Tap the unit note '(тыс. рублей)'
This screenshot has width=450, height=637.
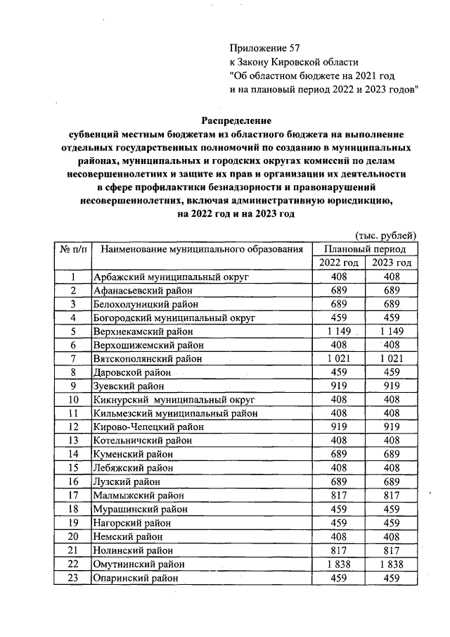pyautogui.click(x=385, y=234)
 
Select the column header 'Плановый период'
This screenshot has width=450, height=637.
pyautogui.click(x=365, y=248)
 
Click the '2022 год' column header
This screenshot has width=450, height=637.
pyautogui.click(x=339, y=263)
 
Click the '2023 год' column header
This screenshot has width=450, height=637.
pyautogui.click(x=392, y=263)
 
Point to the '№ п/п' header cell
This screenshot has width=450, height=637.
pyautogui.click(x=72, y=248)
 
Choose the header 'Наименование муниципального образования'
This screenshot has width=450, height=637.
pyautogui.click(x=202, y=248)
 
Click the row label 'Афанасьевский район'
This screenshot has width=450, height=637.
pyautogui.click(x=141, y=290)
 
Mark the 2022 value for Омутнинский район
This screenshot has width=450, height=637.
pyautogui.click(x=339, y=564)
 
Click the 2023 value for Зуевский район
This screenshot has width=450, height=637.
pyautogui.click(x=392, y=386)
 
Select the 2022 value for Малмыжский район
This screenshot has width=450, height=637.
pyautogui.click(x=339, y=495)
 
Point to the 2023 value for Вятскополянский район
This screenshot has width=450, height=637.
pyautogui.click(x=392, y=358)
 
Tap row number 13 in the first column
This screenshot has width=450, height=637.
pyautogui.click(x=72, y=440)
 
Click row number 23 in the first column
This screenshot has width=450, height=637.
pyautogui.click(x=72, y=578)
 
